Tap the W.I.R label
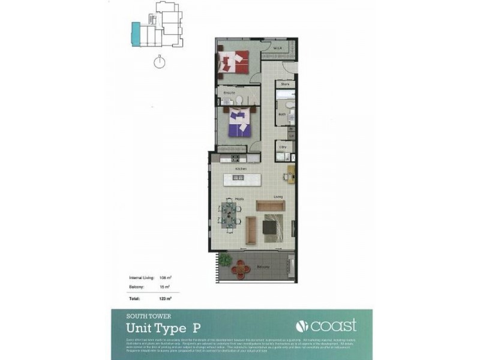(x=277, y=48)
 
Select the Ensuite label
(x=229, y=94)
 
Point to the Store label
(x=286, y=85)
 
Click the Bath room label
(x=281, y=113)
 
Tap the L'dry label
(x=281, y=146)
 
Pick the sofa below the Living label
(x=271, y=206)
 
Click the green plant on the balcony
(x=225, y=260)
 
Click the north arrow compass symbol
(x=160, y=62)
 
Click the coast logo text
(x=326, y=326)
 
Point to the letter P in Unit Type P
(x=196, y=328)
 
